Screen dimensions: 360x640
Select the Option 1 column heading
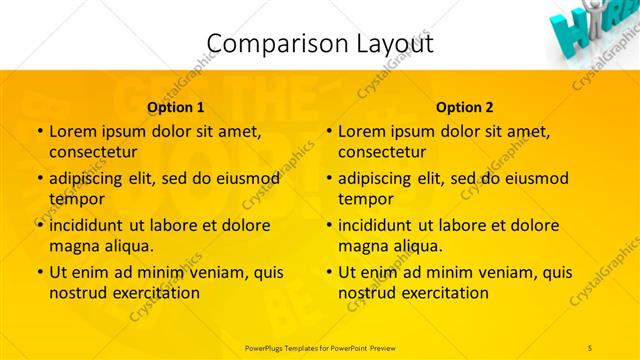176,107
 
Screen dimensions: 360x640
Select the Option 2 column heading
465,107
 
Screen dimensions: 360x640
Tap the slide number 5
590,347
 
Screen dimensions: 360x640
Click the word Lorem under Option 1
73,131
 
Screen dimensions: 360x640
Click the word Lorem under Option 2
362,131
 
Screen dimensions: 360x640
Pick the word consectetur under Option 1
93,152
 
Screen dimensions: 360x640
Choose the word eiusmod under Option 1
243,179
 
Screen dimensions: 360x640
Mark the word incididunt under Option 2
375,225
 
